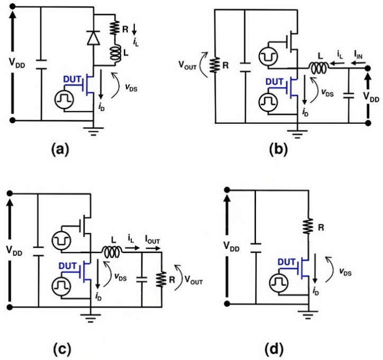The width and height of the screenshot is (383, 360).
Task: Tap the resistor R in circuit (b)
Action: coord(215,65)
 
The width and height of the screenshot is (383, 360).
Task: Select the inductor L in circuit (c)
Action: coord(113,252)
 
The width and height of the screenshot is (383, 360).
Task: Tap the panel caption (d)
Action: coord(275,348)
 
